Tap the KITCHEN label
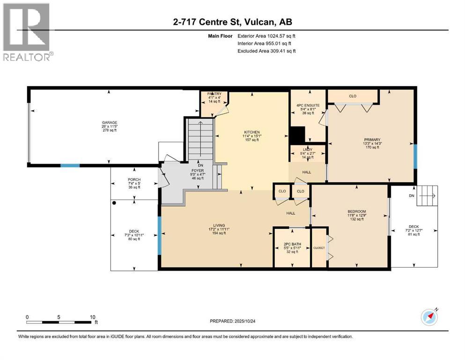[x=251, y=132]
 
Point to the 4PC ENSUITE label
[x=308, y=105]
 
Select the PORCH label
[x=134, y=180]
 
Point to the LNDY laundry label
[x=308, y=149]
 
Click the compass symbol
[x=429, y=316]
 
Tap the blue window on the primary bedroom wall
[x=415, y=156]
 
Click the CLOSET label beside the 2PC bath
[x=319, y=247]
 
